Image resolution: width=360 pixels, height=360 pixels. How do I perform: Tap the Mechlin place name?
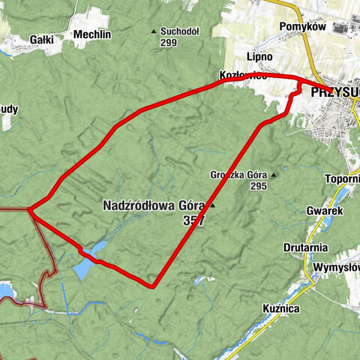[92, 34]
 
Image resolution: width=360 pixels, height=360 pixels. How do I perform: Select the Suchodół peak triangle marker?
[154, 31]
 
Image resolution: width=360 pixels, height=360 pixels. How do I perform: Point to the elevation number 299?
[169, 43]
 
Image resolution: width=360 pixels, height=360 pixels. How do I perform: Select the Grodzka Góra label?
[238, 175]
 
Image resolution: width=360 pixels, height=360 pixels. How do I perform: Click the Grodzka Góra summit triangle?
[274, 175]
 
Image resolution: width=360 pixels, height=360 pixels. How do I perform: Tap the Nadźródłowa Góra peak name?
[154, 205]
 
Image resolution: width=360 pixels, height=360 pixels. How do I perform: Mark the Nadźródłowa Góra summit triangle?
[212, 205]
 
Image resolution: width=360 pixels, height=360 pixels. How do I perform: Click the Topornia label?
[343, 178]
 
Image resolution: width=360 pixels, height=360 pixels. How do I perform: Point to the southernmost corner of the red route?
[153, 286]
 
